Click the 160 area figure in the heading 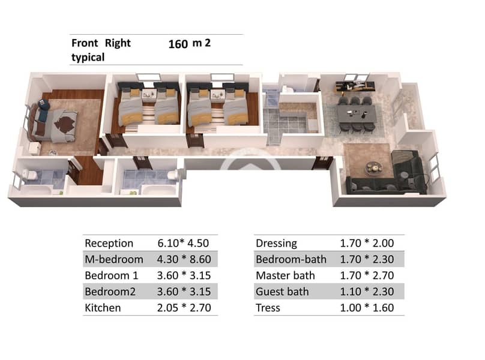coord(178,44)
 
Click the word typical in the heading coord(88,58)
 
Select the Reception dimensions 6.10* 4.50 coord(183,243)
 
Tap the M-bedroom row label coord(114,259)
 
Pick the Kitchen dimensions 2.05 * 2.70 coord(184,308)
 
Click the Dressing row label coord(277,244)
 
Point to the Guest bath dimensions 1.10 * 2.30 coord(367,292)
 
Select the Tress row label coord(268,308)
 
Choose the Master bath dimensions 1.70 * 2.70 coord(367,275)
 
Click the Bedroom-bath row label coord(291,259)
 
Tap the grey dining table coord(357,114)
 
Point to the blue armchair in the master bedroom coord(44,104)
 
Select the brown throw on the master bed coord(65,123)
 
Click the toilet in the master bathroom coord(30,175)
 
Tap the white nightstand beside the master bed coord(34,148)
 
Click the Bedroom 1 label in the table coord(112,275)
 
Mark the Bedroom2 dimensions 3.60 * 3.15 coord(184,292)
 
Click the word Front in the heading coord(85,43)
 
